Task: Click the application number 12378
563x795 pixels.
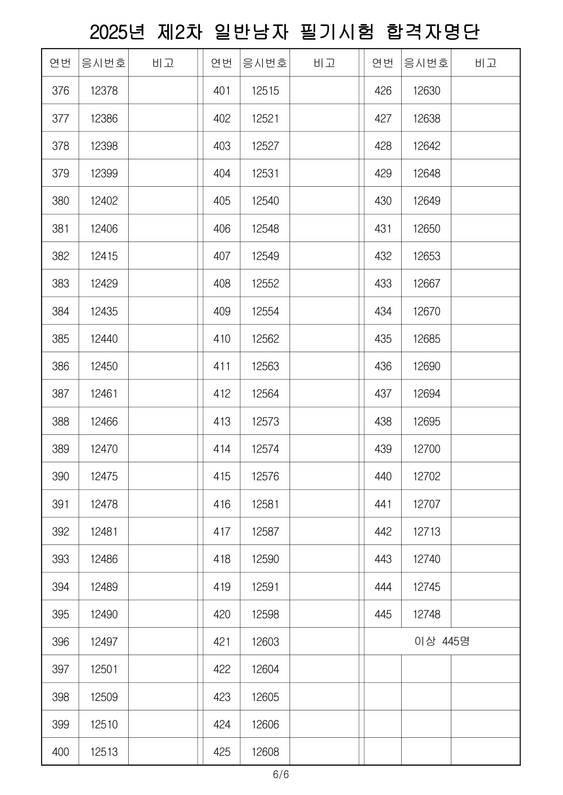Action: tap(104, 91)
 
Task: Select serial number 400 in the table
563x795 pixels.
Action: tap(61, 752)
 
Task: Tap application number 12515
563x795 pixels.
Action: tap(265, 91)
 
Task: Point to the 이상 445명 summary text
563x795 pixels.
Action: tap(442, 641)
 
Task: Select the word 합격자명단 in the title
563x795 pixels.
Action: tap(433, 32)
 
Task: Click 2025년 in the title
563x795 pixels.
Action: tap(116, 32)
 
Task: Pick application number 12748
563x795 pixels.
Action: tap(426, 614)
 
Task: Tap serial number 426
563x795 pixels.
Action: tap(383, 91)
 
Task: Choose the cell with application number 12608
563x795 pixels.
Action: tap(265, 752)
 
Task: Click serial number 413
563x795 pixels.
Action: tap(221, 422)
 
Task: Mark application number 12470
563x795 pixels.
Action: tap(104, 449)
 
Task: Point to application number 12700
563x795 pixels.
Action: tap(426, 449)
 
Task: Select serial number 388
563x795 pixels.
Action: tap(61, 422)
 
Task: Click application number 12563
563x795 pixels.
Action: tap(265, 366)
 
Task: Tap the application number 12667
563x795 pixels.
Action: tap(426, 284)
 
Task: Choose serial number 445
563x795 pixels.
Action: tap(383, 614)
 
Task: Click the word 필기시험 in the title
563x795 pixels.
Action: tap(337, 32)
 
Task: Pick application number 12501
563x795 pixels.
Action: tap(104, 669)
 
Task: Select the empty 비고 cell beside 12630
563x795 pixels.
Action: tap(485, 91)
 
